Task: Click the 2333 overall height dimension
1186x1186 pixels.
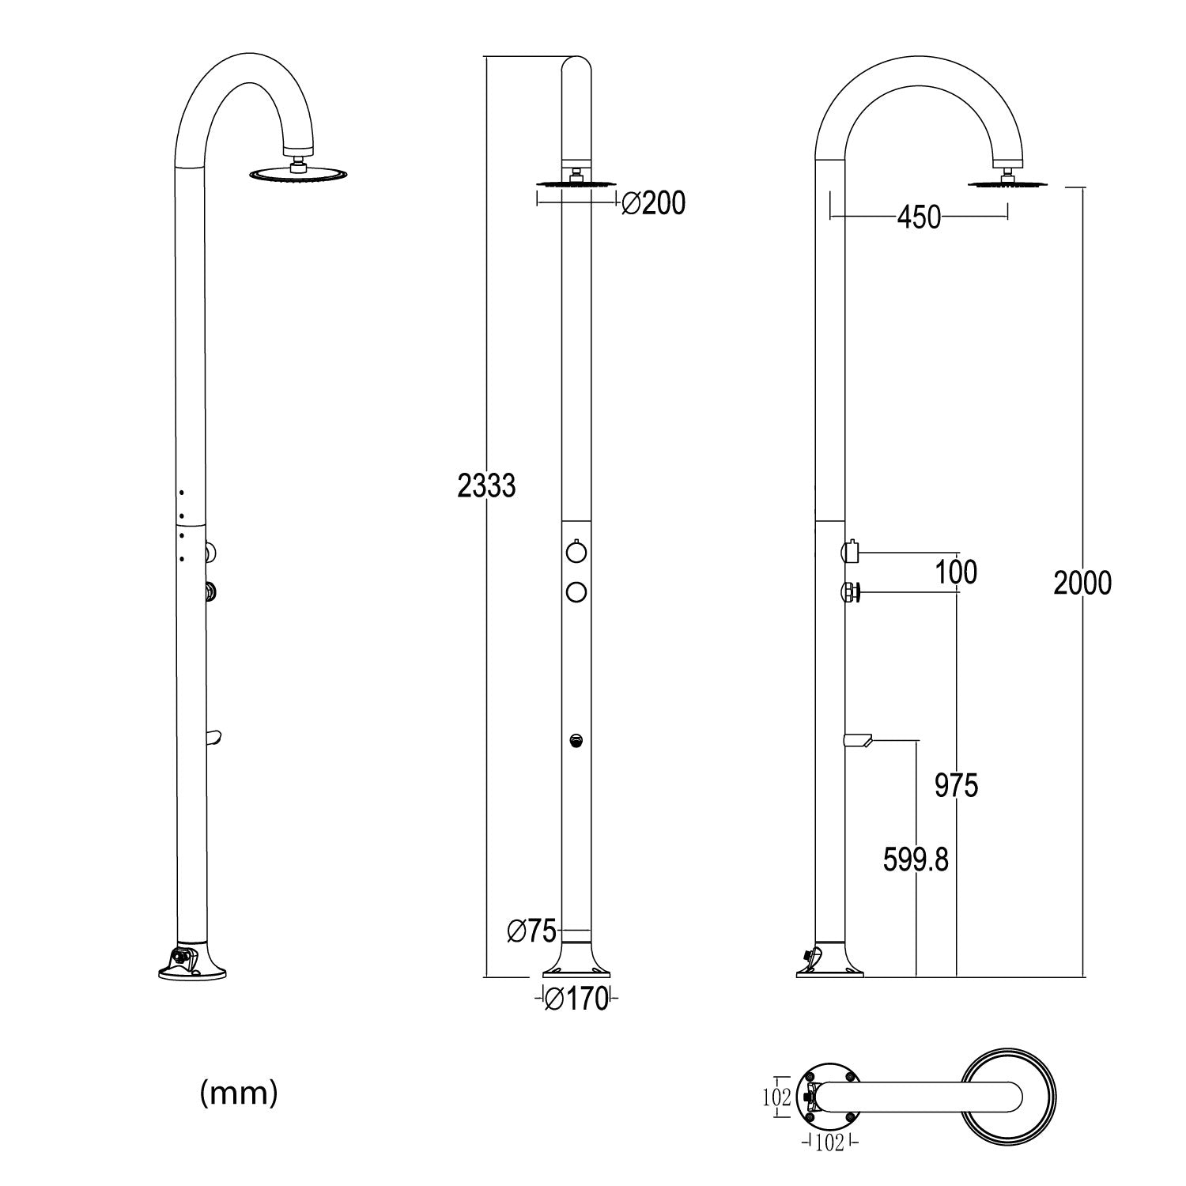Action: pos(486,485)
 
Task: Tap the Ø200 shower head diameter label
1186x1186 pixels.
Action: pos(653,204)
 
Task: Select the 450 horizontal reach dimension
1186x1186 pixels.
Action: pos(919,217)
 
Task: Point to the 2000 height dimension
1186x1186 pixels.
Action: pos(1082,584)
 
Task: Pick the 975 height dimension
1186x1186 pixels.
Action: pos(956,786)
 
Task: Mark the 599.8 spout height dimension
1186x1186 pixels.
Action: pos(916,859)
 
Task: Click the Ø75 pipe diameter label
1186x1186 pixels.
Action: pos(532,931)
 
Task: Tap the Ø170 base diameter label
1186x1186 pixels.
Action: pos(578,999)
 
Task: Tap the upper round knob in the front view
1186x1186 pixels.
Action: pos(576,550)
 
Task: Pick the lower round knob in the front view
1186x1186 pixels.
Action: pos(576,591)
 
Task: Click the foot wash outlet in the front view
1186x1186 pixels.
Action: pos(576,741)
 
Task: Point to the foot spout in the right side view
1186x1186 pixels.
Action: pos(857,741)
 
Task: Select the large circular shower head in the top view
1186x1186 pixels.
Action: pos(1007,1099)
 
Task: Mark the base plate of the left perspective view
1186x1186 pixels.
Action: pos(193,969)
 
